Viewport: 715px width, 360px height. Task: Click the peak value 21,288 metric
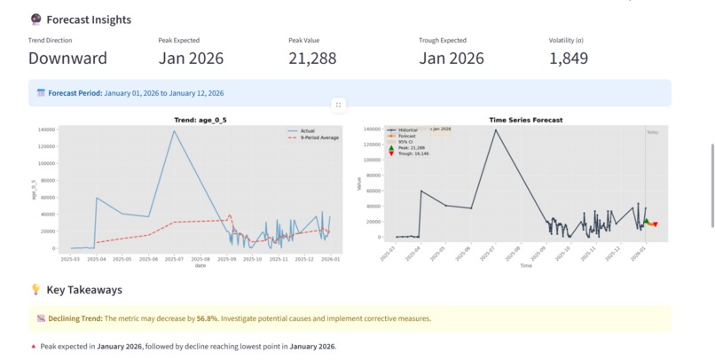tap(319, 59)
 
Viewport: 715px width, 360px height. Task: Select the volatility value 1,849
tap(569, 59)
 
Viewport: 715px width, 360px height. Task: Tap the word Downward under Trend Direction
tap(67, 59)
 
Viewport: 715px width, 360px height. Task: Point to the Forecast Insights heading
tap(88, 20)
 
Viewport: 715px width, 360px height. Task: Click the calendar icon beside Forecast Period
tap(41, 93)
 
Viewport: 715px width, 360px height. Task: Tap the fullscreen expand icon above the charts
tap(338, 105)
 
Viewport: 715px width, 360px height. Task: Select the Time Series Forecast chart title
tap(525, 120)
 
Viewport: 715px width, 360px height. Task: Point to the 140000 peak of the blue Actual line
tap(174, 131)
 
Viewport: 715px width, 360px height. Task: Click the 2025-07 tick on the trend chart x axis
tap(174, 260)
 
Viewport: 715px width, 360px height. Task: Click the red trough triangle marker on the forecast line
tap(654, 225)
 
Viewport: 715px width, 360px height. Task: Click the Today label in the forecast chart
tap(652, 132)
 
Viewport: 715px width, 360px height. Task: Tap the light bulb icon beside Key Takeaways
tap(35, 290)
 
